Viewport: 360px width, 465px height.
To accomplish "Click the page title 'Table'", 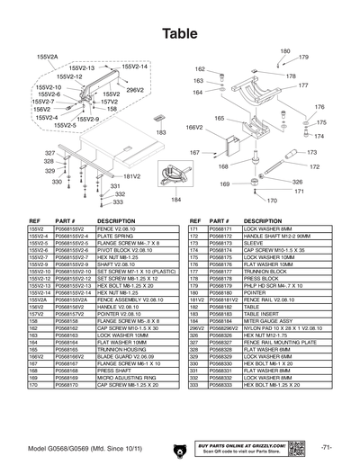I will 179,32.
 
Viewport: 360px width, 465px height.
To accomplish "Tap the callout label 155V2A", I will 47,56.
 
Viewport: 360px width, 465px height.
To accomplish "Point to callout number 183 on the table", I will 162,132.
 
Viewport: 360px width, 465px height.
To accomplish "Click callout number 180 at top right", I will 285,52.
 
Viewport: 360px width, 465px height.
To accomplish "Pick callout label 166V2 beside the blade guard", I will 194,128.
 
